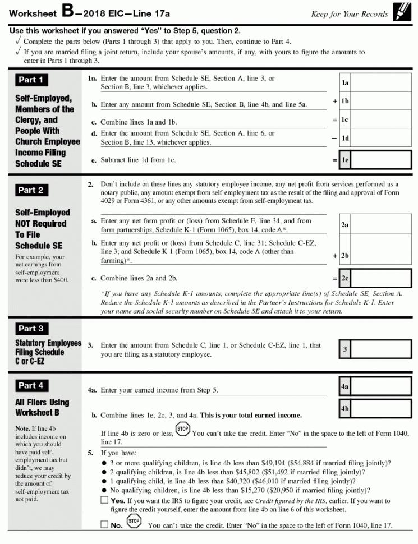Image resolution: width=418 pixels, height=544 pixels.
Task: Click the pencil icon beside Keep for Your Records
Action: tap(401, 12)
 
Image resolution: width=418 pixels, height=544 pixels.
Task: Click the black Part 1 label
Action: tap(31, 80)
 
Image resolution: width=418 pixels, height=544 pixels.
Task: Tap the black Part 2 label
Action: tap(31, 190)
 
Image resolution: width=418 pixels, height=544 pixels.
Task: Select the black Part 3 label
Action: tap(31, 329)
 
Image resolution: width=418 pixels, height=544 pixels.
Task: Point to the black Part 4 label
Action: tap(31, 386)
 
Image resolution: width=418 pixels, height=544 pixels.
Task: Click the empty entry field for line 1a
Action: tap(382, 83)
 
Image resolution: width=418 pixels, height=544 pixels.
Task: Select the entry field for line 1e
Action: tap(382, 160)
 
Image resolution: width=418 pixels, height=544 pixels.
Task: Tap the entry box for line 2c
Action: tap(382, 278)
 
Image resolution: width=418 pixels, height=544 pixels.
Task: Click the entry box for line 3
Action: tap(382, 349)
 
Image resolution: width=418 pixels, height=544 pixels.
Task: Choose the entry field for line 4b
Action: tap(382, 409)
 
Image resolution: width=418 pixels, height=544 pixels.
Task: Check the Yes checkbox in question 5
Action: tap(104, 500)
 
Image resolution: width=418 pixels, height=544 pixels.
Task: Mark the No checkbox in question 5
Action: tap(104, 525)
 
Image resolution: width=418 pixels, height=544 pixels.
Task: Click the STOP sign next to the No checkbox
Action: tap(134, 522)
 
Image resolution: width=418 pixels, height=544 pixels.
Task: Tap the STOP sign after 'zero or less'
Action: tap(183, 430)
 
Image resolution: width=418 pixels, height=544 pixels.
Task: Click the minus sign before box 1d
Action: tap(334, 138)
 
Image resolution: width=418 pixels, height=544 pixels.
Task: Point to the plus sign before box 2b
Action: tap(334, 256)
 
